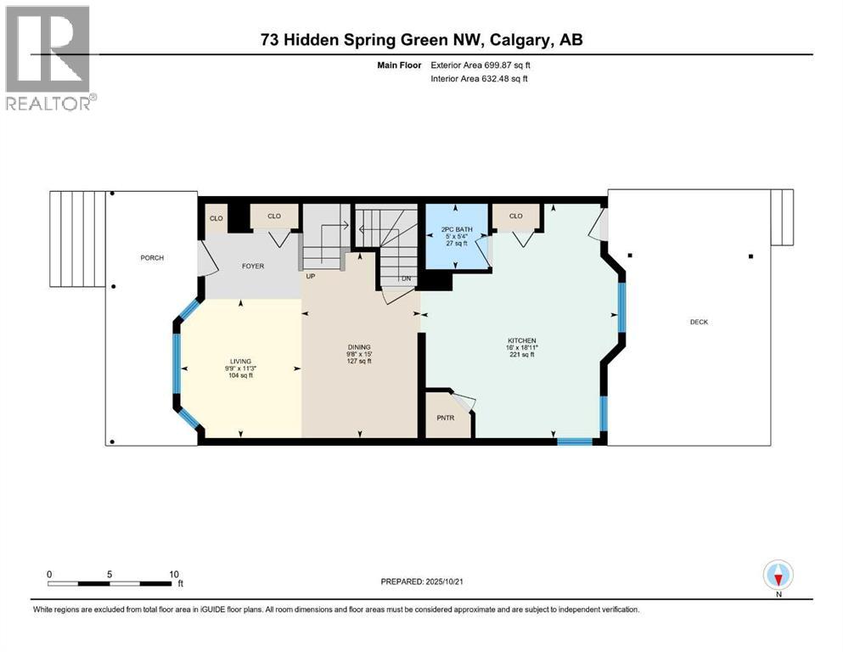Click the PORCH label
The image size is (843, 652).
(x=152, y=258)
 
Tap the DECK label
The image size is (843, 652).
(x=698, y=322)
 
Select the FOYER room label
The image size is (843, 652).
(x=253, y=267)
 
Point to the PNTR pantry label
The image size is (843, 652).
(x=446, y=418)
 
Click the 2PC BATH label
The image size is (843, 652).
(x=456, y=229)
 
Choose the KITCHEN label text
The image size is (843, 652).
(x=522, y=341)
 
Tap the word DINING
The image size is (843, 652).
(x=359, y=346)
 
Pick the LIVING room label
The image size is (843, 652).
(x=240, y=361)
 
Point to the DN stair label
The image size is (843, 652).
(x=406, y=278)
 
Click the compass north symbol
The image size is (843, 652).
(x=778, y=576)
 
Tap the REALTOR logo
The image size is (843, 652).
(x=49, y=57)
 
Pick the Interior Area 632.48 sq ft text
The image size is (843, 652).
(x=479, y=79)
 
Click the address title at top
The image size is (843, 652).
(x=421, y=40)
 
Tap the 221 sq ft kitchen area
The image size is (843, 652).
(x=522, y=355)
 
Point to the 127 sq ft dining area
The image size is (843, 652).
(x=359, y=361)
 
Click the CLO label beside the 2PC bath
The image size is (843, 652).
(x=516, y=216)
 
